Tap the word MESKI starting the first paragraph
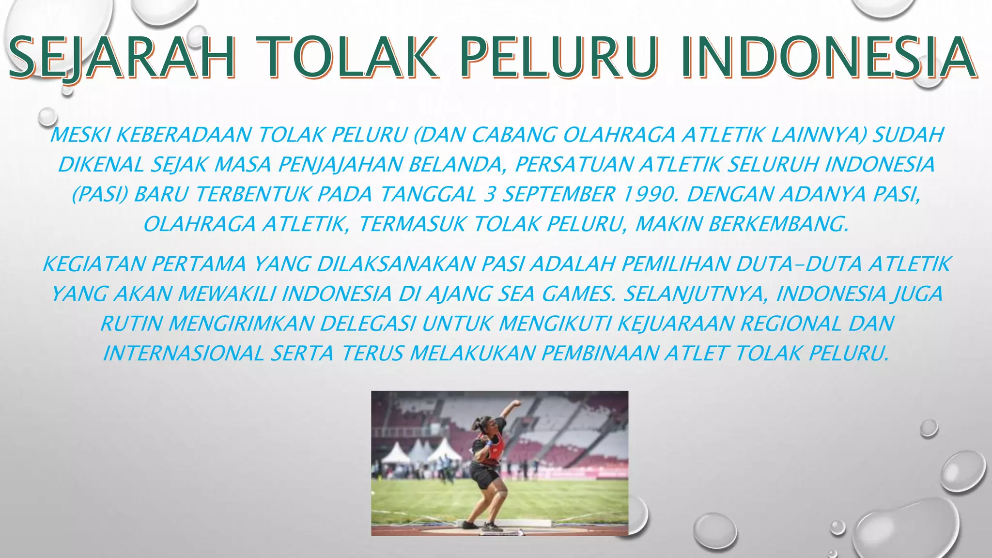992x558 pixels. coord(80,135)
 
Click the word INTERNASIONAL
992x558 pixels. coord(184,353)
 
